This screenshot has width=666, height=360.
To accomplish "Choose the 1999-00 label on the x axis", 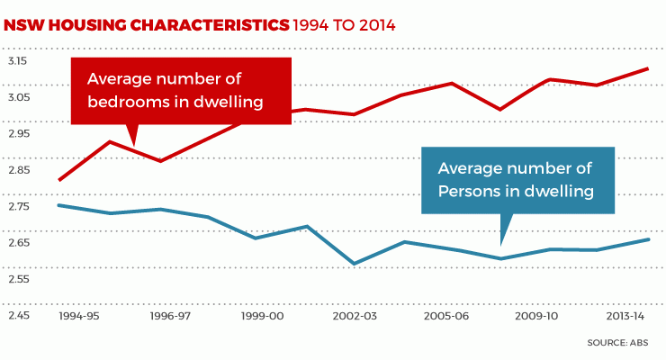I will (263, 318).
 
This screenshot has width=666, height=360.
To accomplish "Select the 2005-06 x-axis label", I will (447, 318).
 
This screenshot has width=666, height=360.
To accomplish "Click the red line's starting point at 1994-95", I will (58, 180).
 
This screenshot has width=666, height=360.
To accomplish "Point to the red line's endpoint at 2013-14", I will (649, 68).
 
